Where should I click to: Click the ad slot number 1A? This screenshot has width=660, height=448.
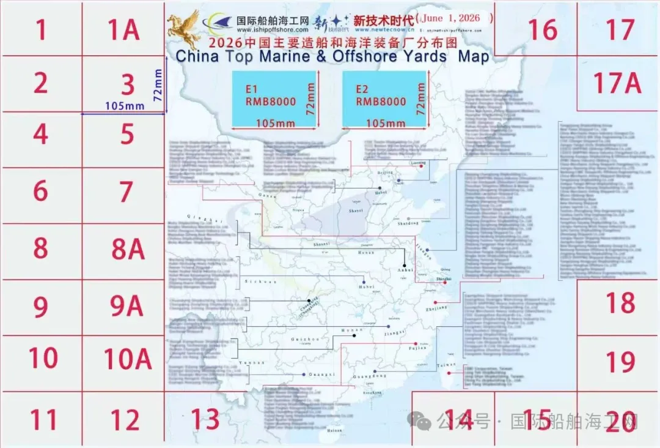tap(124, 29)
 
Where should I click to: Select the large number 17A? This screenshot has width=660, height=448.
tap(617, 83)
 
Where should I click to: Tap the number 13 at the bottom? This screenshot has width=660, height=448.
tap(205, 419)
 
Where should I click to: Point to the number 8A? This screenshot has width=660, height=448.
tap(127, 249)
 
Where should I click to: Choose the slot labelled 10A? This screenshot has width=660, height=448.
tap(127, 359)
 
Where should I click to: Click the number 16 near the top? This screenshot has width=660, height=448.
tap(543, 29)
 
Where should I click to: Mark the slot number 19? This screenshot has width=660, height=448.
tap(620, 362)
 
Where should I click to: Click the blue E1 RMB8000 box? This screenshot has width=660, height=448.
tap(274, 99)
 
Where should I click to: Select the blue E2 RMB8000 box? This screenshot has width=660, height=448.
tap(384, 99)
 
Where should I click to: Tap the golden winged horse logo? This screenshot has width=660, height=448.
tap(185, 28)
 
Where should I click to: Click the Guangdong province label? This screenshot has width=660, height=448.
tap(369, 376)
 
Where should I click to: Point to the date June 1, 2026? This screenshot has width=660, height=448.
tap(455, 19)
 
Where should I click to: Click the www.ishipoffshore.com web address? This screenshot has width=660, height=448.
tap(273, 29)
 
